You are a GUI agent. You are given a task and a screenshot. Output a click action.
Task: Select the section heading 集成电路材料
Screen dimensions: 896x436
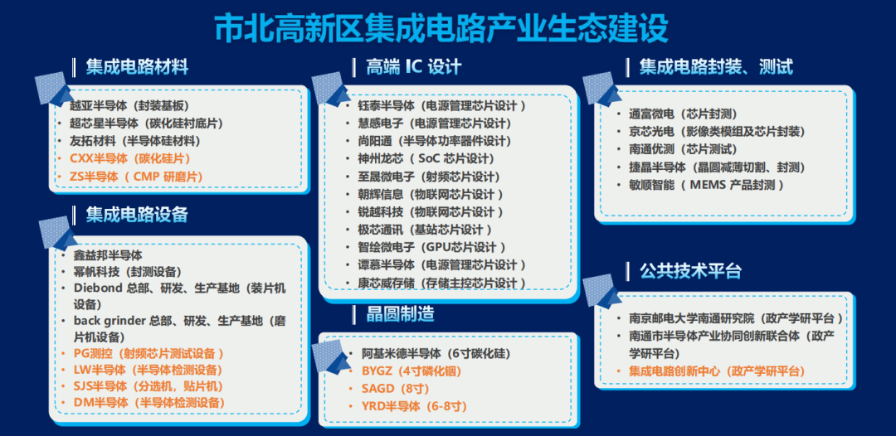point(137,67)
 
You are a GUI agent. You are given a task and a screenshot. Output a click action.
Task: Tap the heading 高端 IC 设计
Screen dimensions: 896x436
point(414,67)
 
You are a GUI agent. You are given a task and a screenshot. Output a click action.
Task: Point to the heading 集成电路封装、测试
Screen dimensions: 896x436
point(716,67)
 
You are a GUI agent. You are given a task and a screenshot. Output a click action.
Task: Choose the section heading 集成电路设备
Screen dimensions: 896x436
point(137,214)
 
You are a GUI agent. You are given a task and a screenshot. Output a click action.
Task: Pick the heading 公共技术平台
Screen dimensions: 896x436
point(690,270)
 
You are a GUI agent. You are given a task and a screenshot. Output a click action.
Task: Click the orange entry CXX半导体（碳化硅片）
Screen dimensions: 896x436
point(130,158)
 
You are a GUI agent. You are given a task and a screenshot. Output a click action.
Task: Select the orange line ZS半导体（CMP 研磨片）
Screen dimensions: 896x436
point(136,177)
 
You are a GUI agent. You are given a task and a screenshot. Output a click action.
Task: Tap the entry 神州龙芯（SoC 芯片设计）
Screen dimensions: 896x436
point(426,158)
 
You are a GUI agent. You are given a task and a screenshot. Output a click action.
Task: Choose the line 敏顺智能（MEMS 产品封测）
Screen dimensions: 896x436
point(706,185)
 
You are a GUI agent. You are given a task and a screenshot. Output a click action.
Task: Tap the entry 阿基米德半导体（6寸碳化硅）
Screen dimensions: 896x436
point(436,353)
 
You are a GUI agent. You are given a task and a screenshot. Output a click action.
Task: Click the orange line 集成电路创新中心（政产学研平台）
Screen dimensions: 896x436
point(717,371)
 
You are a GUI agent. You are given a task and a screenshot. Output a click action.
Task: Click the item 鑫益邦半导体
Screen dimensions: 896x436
point(108,255)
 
